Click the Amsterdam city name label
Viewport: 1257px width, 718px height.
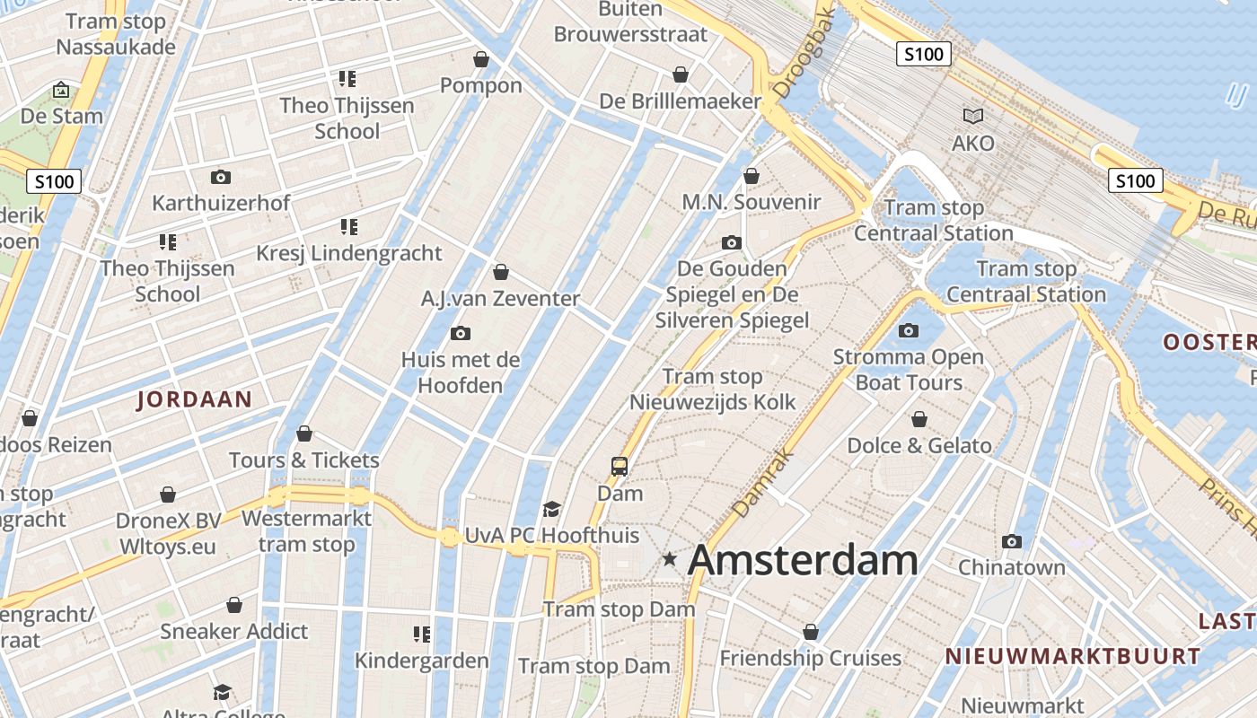(x=802, y=560)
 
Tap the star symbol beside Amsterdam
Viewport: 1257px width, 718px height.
(x=670, y=559)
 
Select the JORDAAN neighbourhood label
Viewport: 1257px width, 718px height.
(x=194, y=399)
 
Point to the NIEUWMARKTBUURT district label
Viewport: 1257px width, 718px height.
(x=1072, y=656)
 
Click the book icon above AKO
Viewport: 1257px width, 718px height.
(x=972, y=116)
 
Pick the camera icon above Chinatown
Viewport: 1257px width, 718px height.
(x=1012, y=541)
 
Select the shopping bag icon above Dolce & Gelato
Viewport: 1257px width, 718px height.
(x=919, y=419)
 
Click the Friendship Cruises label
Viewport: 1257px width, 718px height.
(x=810, y=658)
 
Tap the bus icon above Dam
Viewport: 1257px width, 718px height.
(x=620, y=466)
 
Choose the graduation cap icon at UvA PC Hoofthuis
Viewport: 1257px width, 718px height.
(x=551, y=509)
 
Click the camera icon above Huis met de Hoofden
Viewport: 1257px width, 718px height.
(x=461, y=334)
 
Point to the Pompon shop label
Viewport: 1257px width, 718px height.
(x=481, y=85)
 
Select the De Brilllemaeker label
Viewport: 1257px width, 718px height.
(x=681, y=101)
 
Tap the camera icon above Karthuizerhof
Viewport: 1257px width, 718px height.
(x=220, y=177)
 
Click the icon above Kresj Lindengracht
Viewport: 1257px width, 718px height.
(x=348, y=227)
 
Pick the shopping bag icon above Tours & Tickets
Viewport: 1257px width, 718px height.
(x=304, y=434)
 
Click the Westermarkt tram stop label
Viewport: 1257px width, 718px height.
(x=306, y=531)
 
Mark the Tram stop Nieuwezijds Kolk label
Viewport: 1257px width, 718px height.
(x=712, y=389)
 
